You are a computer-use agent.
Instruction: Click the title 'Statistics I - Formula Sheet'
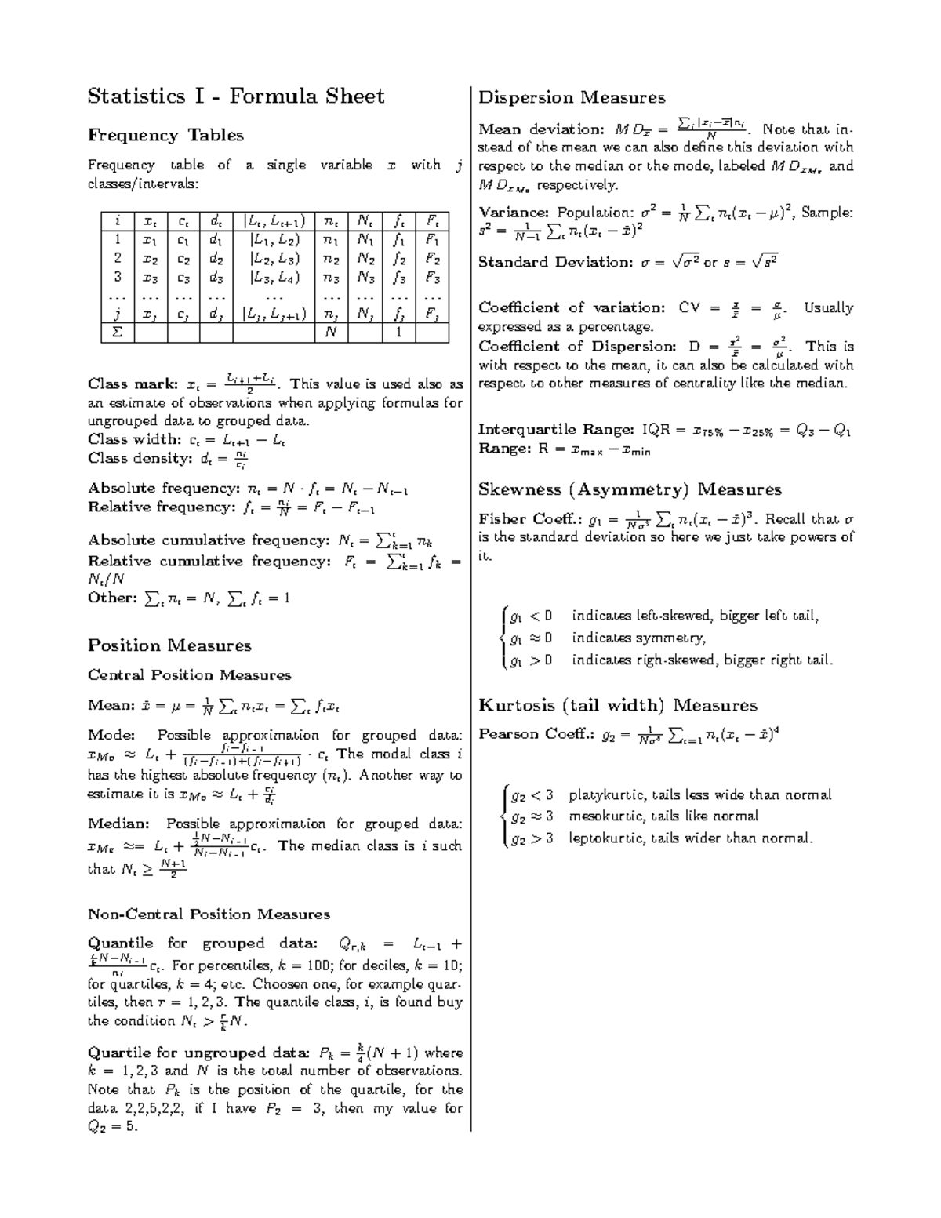[x=236, y=96]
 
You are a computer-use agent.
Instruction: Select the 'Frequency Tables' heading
[x=165, y=136]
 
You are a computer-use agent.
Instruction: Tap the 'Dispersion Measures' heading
[x=572, y=98]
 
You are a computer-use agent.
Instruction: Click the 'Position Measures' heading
[x=169, y=645]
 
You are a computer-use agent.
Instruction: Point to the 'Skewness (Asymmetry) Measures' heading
[x=630, y=490]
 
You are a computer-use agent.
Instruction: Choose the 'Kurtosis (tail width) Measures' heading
[x=617, y=705]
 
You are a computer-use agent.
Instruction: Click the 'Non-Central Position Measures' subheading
[x=209, y=914]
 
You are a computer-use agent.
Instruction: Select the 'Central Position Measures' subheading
[x=189, y=675]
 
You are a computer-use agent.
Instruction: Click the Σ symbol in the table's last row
[x=118, y=333]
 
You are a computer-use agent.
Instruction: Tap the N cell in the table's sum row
[x=331, y=333]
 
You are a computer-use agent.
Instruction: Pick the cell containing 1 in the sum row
[x=398, y=333]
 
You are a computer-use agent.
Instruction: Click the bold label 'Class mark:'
[x=132, y=384]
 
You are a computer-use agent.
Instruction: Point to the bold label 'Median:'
[x=118, y=824]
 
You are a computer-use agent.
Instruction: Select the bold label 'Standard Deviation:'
[x=552, y=263]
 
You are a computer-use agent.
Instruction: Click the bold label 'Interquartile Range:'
[x=556, y=430]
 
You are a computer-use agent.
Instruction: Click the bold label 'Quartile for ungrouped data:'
[x=198, y=1053]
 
